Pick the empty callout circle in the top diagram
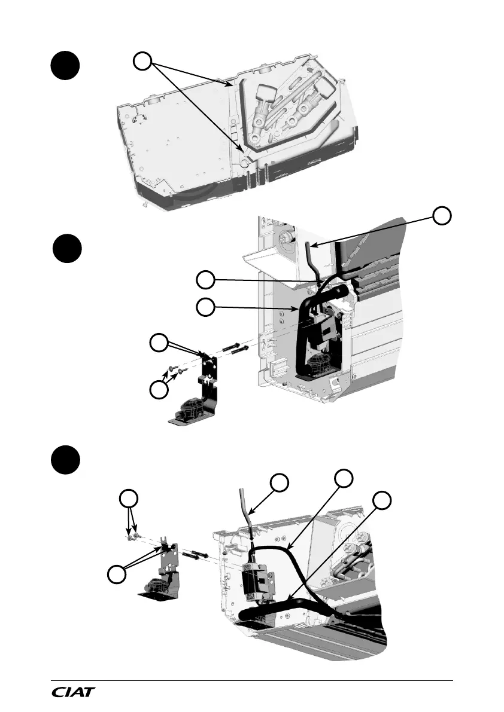(x=142, y=61)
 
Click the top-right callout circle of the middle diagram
(x=442, y=216)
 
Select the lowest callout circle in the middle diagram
(x=159, y=390)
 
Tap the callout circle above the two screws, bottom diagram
(x=127, y=499)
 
